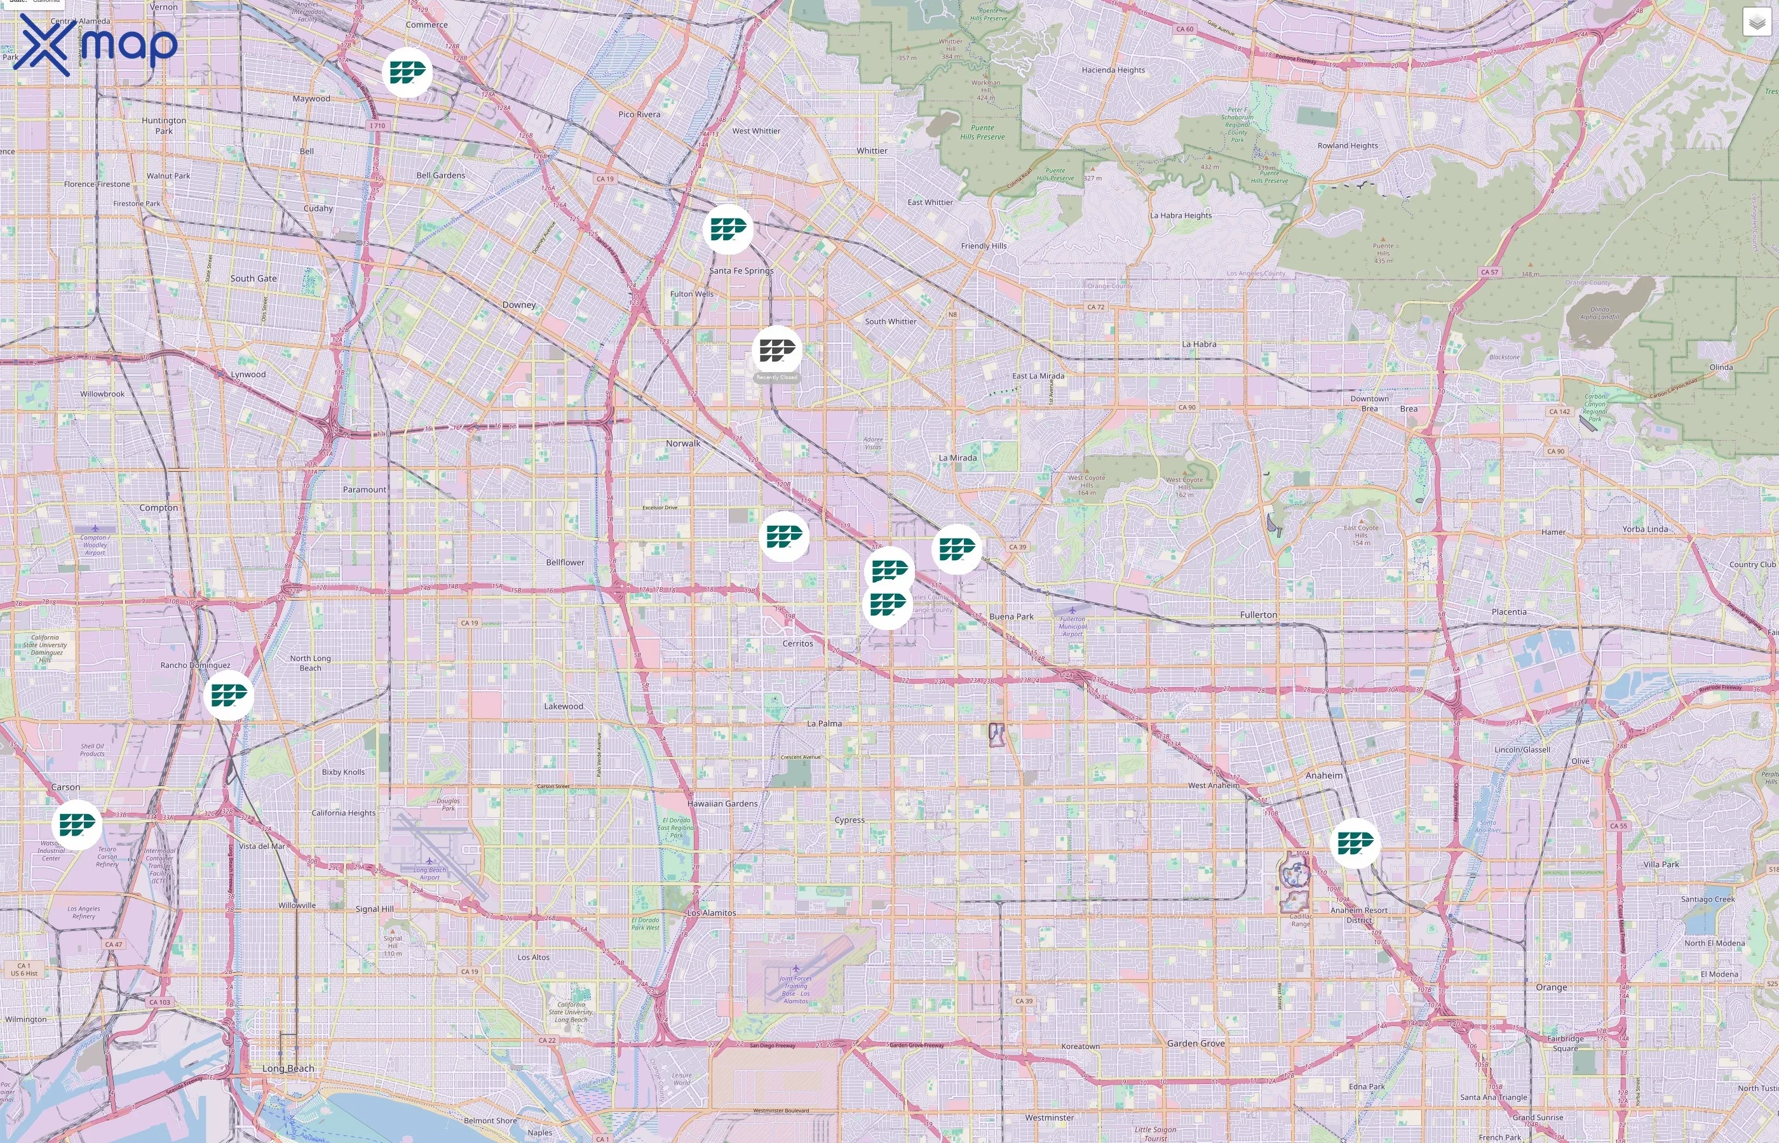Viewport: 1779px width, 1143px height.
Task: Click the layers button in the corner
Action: [1756, 22]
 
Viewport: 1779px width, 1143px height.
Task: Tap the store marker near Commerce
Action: [407, 72]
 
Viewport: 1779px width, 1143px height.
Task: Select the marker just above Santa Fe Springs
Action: [727, 229]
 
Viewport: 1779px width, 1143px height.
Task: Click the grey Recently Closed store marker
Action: [776, 351]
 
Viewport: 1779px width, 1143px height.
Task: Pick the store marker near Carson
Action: [76, 824]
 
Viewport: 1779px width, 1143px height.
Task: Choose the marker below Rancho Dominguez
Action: [228, 695]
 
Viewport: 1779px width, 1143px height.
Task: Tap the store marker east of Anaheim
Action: [1355, 843]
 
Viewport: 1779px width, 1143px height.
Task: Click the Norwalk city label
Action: [682, 443]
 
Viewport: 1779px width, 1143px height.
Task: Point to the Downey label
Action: [518, 304]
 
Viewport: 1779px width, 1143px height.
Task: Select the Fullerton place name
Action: [1259, 615]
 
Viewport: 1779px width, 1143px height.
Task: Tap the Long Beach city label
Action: [288, 1068]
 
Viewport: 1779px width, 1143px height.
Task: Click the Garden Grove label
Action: [1195, 1043]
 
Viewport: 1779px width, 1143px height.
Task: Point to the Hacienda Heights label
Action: [1113, 70]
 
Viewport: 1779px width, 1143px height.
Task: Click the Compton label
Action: [158, 507]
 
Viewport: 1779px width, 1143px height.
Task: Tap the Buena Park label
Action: [1011, 616]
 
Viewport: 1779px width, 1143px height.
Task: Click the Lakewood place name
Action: [564, 706]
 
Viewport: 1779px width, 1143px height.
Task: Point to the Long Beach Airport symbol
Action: [429, 861]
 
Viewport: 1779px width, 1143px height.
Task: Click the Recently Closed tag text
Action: [776, 377]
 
